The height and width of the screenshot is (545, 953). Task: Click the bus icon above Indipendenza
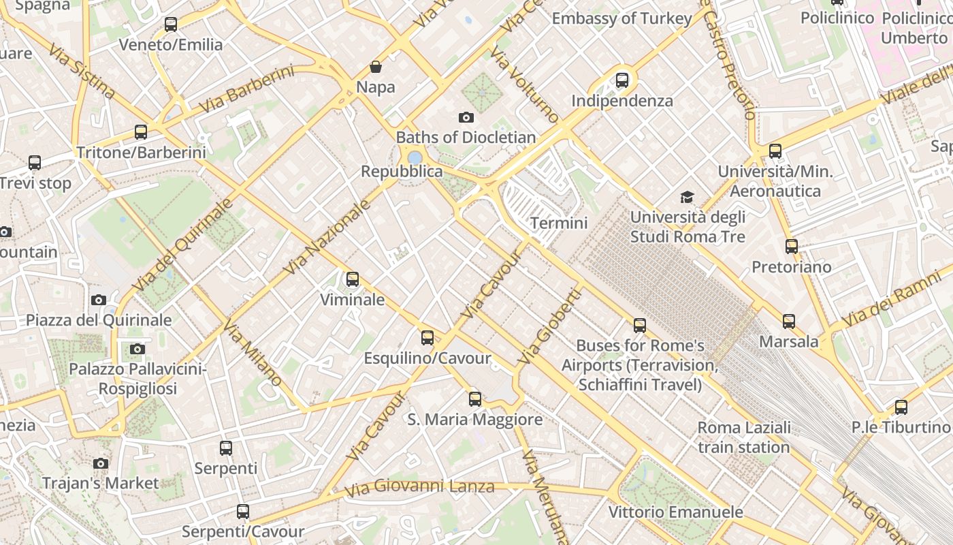(x=622, y=80)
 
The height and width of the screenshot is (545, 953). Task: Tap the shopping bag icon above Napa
(x=375, y=67)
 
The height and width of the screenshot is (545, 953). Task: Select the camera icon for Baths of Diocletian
(x=466, y=117)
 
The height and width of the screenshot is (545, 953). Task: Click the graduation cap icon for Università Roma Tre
(x=688, y=198)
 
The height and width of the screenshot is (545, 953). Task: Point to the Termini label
(x=559, y=223)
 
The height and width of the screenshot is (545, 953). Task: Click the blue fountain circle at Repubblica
(x=415, y=157)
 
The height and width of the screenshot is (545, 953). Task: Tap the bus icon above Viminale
(x=352, y=279)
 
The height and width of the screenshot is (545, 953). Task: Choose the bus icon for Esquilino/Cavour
(x=427, y=337)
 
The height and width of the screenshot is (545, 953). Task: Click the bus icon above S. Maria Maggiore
(x=475, y=399)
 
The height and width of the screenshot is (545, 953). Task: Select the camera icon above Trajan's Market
(x=101, y=463)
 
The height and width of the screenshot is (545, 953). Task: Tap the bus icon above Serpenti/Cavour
(x=243, y=511)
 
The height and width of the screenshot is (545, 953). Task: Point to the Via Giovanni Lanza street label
(x=419, y=488)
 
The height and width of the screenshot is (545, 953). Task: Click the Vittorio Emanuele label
(x=675, y=512)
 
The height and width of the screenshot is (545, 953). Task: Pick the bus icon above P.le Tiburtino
(x=901, y=407)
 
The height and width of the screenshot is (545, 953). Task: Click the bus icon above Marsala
(x=789, y=321)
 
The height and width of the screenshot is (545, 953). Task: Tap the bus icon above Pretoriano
(x=791, y=246)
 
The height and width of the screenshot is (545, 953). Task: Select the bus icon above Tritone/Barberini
(x=141, y=132)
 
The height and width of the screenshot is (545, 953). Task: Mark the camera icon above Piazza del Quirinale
(x=99, y=300)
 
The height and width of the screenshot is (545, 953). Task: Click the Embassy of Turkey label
(x=621, y=18)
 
